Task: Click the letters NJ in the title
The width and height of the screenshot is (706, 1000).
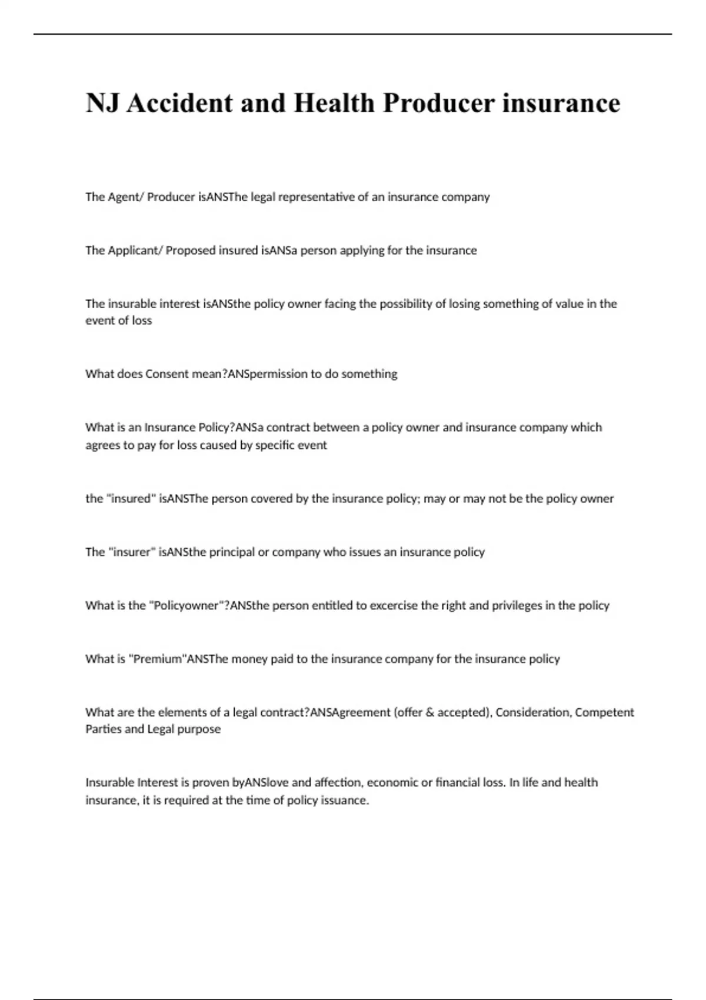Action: coord(101,104)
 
